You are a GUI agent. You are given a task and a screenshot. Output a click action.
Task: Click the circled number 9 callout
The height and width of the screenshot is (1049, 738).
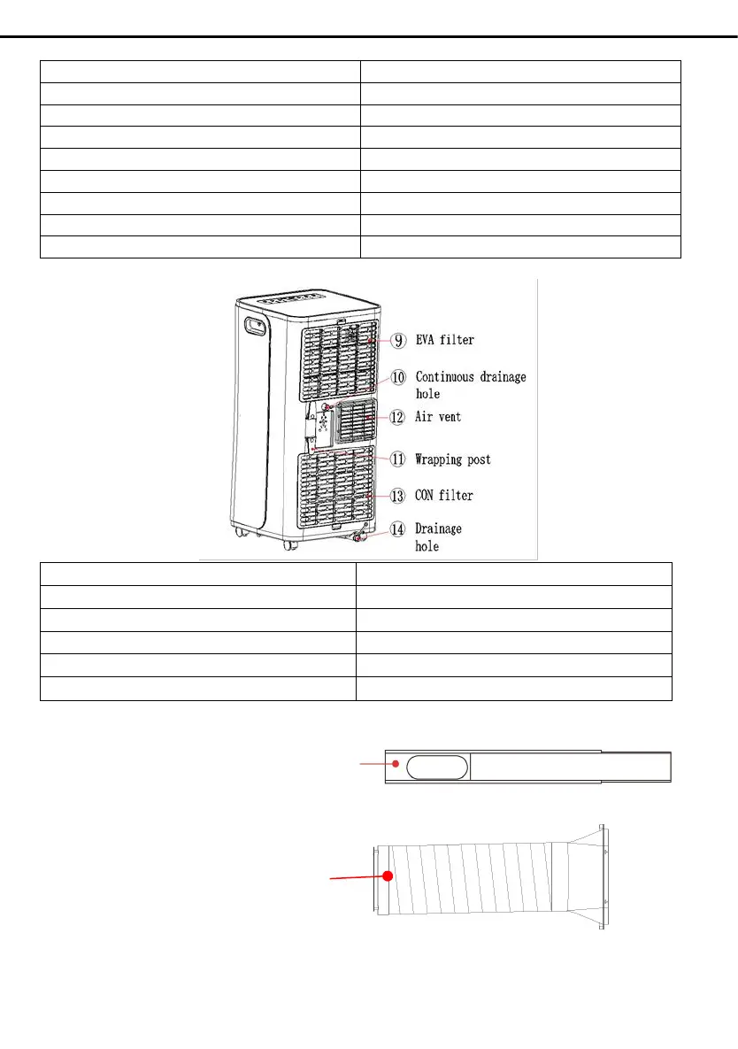pos(399,339)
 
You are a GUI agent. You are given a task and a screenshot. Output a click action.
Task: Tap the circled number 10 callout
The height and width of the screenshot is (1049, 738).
pos(399,377)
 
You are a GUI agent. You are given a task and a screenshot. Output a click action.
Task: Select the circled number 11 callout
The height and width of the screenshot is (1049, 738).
pos(399,459)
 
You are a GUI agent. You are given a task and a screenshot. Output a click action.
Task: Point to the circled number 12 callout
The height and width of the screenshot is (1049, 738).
pos(399,416)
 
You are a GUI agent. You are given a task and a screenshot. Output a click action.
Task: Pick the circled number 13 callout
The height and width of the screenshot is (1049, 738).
pos(399,495)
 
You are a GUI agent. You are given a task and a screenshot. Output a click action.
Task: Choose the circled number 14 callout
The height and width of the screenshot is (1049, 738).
pos(399,529)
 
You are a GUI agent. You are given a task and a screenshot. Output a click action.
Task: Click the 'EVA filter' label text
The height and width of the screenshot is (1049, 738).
pos(445,339)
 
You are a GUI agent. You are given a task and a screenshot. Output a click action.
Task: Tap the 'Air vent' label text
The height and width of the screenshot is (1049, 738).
pos(438,416)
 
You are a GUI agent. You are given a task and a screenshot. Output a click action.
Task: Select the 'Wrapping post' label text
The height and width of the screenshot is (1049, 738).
pos(453,459)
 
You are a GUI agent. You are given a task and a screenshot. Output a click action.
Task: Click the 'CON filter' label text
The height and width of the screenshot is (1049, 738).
pos(444,495)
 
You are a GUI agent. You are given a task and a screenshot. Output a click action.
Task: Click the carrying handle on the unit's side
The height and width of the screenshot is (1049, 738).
pos(256,326)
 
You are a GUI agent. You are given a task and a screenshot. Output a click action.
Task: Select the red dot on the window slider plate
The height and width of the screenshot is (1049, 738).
pos(396,763)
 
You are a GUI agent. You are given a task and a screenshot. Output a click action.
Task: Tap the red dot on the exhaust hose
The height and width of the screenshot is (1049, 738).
pos(387,875)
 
